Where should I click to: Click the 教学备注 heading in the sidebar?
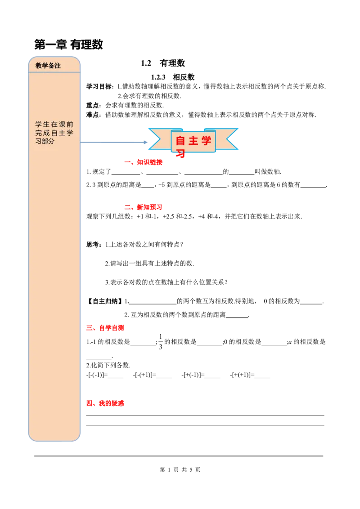click(48, 66)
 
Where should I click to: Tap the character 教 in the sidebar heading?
click(39, 66)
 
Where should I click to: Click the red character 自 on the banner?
click(180, 141)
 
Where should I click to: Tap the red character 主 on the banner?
click(193, 141)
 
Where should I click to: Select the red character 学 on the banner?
click(207, 141)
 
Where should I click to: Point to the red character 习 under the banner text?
click(180, 153)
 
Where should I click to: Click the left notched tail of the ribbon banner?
click(157, 138)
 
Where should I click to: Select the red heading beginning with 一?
click(144, 162)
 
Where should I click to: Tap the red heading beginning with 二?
click(142, 207)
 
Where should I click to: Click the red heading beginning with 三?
click(106, 328)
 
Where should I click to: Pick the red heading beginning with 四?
click(106, 403)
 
